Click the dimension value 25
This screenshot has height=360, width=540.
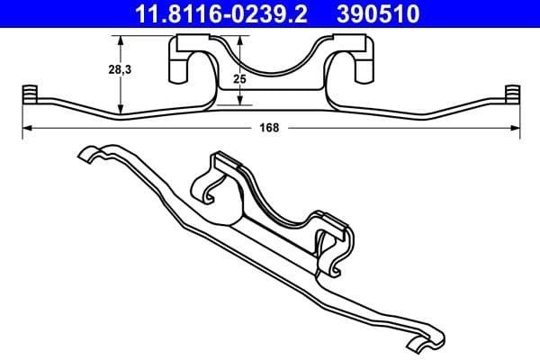pos(238,79)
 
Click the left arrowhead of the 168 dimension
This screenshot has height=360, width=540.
pos(25,129)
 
